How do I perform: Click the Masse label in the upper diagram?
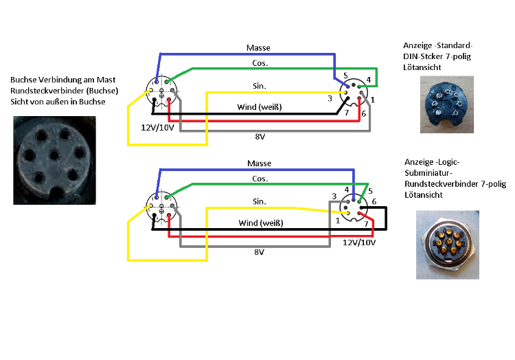coord(258,48)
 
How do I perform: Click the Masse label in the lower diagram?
coord(259,164)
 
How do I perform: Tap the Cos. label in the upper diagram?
coord(260,63)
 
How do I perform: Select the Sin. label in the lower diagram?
coord(260,202)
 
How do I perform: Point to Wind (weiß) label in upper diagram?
coord(259,107)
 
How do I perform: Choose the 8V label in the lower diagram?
coord(260,252)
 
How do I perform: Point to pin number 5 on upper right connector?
coord(346,75)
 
